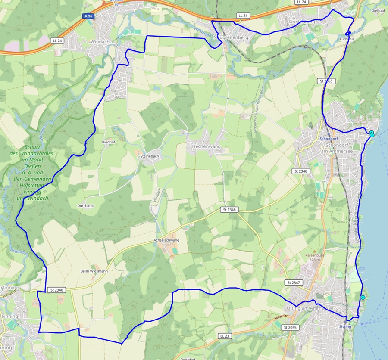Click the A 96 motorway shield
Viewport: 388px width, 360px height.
[88, 16]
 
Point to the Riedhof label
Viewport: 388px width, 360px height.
[108, 141]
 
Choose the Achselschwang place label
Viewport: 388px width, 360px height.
[166, 240]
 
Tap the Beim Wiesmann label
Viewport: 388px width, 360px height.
[94, 271]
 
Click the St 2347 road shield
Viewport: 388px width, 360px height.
[293, 282]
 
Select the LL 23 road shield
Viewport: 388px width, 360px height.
[225, 336]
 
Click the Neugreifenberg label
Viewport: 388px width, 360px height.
[232, 38]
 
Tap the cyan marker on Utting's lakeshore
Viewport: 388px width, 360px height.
[363, 298]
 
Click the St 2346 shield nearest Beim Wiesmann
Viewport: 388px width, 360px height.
[56, 290]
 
